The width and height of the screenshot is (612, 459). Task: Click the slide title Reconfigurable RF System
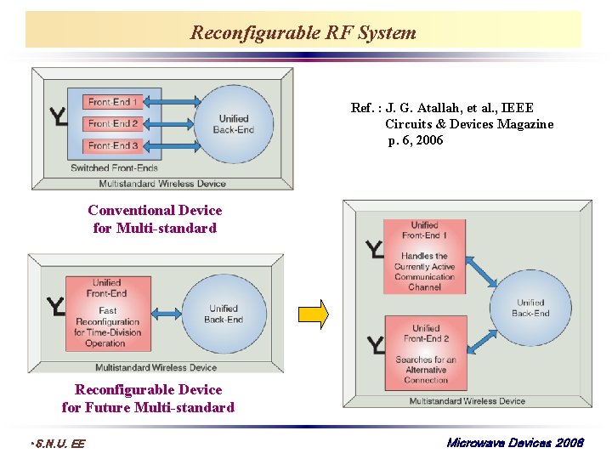click(x=303, y=33)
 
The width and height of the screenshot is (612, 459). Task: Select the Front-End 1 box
click(x=112, y=102)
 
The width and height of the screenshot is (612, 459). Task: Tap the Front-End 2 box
click(x=112, y=123)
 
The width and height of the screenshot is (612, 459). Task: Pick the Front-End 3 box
click(x=112, y=145)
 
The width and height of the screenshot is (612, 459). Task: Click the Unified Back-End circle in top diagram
click(x=234, y=124)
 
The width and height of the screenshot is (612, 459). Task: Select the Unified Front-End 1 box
click(x=424, y=256)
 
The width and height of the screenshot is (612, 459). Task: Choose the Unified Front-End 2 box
click(x=425, y=352)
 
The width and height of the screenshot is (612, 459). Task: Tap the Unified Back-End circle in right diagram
click(x=530, y=307)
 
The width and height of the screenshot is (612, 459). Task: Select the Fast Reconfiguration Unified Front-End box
click(x=107, y=313)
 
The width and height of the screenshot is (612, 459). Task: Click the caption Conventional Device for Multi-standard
click(x=155, y=219)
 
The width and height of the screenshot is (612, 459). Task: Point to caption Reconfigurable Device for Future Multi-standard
click(x=148, y=399)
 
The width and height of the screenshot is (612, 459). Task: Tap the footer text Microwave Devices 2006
click(x=515, y=444)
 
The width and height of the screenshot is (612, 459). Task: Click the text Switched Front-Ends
click(x=114, y=168)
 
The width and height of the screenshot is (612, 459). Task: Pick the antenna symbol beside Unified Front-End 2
click(x=375, y=345)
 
